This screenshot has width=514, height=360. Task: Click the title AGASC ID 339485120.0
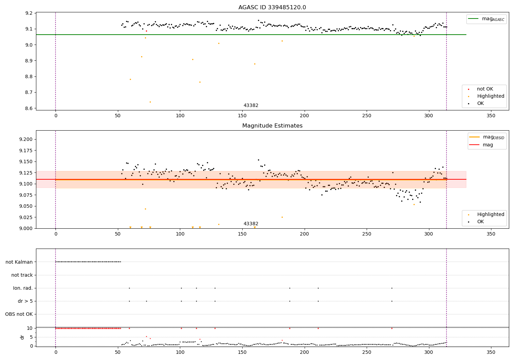coord(272,8)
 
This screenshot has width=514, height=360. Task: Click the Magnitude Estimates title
coord(272,126)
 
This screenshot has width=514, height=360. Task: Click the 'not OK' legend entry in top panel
coord(485,89)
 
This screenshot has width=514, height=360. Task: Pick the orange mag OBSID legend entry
coord(487,137)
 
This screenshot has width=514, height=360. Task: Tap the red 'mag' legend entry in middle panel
coord(487,145)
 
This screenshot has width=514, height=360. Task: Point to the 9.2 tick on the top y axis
coord(29,13)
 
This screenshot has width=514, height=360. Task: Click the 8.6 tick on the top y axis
coord(29,108)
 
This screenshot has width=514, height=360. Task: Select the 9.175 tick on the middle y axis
coord(26,151)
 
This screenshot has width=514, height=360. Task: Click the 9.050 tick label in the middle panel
coord(26,206)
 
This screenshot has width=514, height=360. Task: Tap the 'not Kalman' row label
coord(19,262)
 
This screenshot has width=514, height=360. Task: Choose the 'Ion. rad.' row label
coord(23,288)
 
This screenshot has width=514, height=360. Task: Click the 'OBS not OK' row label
coord(19,314)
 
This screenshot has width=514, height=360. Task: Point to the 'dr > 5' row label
coord(25,301)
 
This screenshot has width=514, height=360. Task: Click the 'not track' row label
coord(22,275)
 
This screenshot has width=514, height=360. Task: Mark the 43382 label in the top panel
coord(251,106)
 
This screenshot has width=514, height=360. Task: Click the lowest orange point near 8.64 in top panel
coord(150,102)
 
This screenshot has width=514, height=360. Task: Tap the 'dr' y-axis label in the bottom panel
coord(22,337)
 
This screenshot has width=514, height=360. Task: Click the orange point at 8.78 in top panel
coord(130,79)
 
